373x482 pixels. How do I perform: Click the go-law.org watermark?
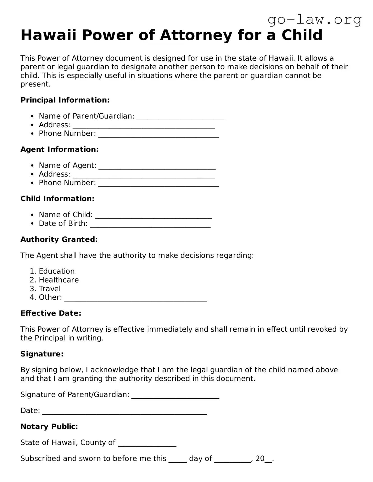click(x=314, y=20)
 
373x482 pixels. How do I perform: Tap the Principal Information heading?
click(x=65, y=100)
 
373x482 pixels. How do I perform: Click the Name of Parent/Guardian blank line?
click(x=180, y=117)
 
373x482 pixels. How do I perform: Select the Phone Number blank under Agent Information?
click(x=158, y=184)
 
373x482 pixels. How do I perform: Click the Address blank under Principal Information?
click(x=144, y=126)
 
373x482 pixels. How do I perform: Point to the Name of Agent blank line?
click(x=157, y=166)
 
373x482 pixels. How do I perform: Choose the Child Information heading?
click(x=57, y=199)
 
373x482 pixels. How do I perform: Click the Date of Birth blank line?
click(x=150, y=224)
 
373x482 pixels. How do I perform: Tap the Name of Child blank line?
click(x=153, y=215)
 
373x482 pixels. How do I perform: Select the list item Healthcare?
click(x=59, y=280)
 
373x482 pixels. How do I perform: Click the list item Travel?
click(x=50, y=288)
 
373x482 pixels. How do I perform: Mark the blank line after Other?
click(x=136, y=298)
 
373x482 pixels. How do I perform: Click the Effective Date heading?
click(x=51, y=313)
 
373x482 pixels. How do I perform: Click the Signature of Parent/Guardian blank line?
click(x=175, y=396)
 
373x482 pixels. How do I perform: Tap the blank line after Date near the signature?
click(x=124, y=412)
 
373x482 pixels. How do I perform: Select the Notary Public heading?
click(x=49, y=427)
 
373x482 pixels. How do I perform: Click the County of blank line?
click(x=147, y=443)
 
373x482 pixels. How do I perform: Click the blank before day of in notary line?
click(x=177, y=460)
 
